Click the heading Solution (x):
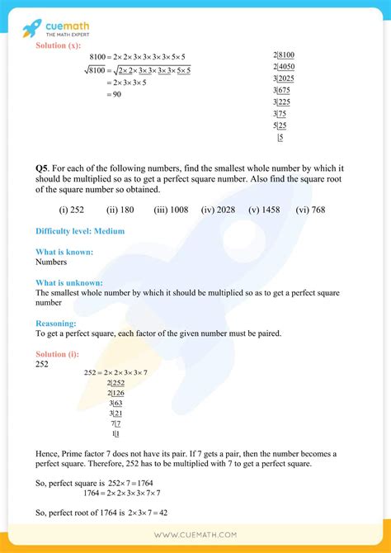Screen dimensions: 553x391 point(61,45)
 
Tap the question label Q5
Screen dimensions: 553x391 point(42,168)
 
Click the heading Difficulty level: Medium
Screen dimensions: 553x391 point(80,231)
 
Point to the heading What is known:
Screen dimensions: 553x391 point(64,252)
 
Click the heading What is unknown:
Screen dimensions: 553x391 point(69,282)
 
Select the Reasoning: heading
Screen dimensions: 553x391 point(56,324)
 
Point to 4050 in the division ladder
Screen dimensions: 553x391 point(287,67)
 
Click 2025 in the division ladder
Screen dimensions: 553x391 point(287,78)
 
